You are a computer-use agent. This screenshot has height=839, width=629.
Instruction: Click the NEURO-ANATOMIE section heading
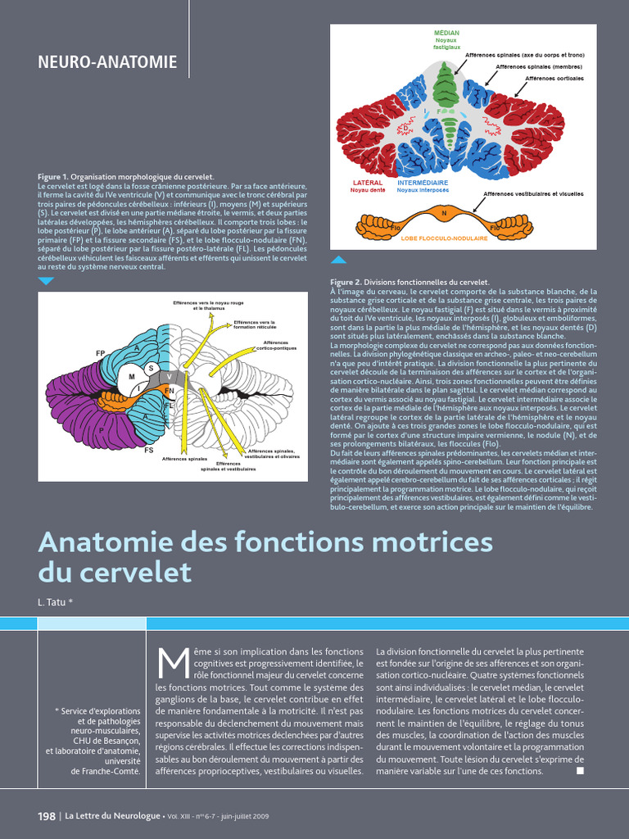pyautogui.click(x=107, y=61)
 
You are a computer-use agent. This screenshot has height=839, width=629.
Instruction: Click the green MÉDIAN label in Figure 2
pyautogui.click(x=446, y=33)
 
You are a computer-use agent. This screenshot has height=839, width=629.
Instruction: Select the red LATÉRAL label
pyautogui.click(x=368, y=183)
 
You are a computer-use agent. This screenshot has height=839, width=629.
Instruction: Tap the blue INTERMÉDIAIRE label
pyautogui.click(x=423, y=183)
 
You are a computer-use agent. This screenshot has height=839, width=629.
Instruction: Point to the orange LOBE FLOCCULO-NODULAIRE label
pyautogui.click(x=445, y=238)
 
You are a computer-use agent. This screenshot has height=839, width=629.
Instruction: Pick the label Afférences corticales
pyautogui.click(x=554, y=79)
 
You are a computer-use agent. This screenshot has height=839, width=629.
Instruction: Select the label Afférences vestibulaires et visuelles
pyautogui.click(x=533, y=194)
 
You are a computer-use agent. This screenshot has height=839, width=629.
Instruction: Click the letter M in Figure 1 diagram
pyautogui.click(x=131, y=377)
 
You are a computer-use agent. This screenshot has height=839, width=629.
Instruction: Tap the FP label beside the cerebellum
pyautogui.click(x=100, y=353)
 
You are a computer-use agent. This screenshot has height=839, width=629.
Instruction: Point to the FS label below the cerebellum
pyautogui.click(x=149, y=450)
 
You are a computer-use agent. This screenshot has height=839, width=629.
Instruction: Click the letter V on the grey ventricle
pyautogui.click(x=169, y=376)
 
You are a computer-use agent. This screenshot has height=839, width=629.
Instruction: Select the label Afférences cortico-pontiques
pyautogui.click(x=276, y=346)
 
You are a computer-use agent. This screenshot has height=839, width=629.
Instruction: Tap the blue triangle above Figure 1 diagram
pyautogui.click(x=47, y=281)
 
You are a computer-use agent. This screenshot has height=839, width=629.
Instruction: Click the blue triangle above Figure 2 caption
pyautogui.click(x=338, y=260)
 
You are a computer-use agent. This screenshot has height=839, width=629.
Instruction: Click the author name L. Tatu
pyautogui.click(x=55, y=602)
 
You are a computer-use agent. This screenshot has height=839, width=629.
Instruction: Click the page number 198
pyautogui.click(x=47, y=816)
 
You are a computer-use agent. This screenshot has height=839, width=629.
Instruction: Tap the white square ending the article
pyautogui.click(x=580, y=770)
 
